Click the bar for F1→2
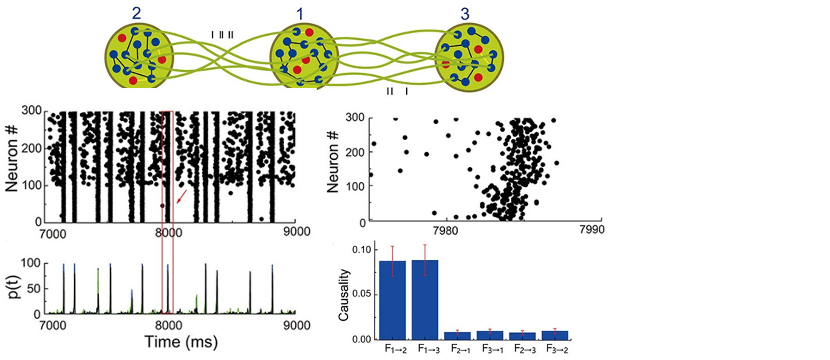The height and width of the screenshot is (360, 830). pyautogui.click(x=393, y=300)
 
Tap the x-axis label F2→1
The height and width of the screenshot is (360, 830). pyautogui.click(x=461, y=349)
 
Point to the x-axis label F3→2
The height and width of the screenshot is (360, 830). pyautogui.click(x=557, y=349)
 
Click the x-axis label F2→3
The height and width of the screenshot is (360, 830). pyautogui.click(x=525, y=349)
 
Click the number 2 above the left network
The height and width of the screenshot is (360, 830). pyautogui.click(x=137, y=13)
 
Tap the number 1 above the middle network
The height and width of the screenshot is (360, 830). pyautogui.click(x=300, y=14)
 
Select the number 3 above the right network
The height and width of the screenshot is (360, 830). pyautogui.click(x=465, y=14)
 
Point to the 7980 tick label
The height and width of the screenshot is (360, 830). pyautogui.click(x=445, y=230)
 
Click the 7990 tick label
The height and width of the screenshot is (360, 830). pyautogui.click(x=592, y=230)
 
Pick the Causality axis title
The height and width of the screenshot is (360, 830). pyautogui.click(x=344, y=295)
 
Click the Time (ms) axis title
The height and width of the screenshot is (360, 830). pyautogui.click(x=181, y=342)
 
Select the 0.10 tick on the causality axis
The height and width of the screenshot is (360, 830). pyautogui.click(x=362, y=249)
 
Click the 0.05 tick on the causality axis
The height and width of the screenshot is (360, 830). pyautogui.click(x=362, y=294)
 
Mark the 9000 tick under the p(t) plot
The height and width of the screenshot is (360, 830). pyautogui.click(x=296, y=325)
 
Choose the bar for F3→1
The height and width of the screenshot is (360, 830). pyautogui.click(x=490, y=335)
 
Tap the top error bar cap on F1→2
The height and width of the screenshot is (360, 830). pyautogui.click(x=393, y=246)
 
